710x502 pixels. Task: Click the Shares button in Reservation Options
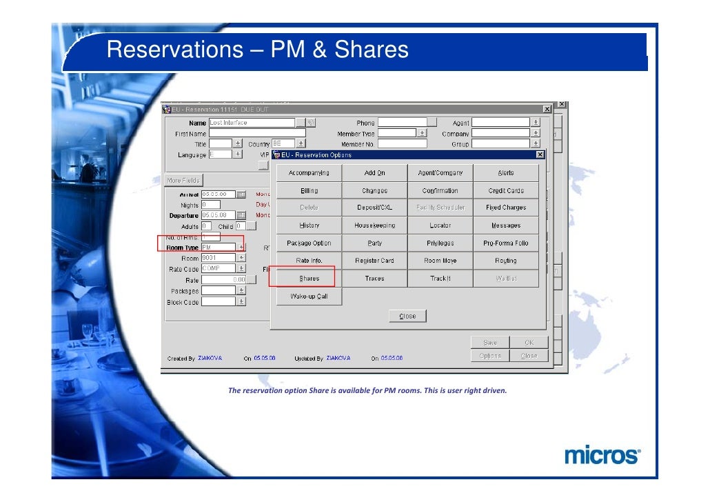pyautogui.click(x=309, y=279)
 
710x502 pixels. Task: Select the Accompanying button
pyautogui.click(x=309, y=172)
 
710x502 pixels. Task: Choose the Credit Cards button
pyautogui.click(x=505, y=190)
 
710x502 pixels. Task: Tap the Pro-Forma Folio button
pyautogui.click(x=505, y=243)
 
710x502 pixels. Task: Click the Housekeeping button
pyautogui.click(x=374, y=225)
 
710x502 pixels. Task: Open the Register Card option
pyautogui.click(x=374, y=261)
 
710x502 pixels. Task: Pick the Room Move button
pyautogui.click(x=440, y=261)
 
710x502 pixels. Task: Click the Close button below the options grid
pyautogui.click(x=407, y=316)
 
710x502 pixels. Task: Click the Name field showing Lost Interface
pyautogui.click(x=251, y=123)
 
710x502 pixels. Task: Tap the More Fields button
pyautogui.click(x=183, y=181)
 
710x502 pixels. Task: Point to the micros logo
pyautogui.click(x=602, y=455)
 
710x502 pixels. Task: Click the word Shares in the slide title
pyautogui.click(x=372, y=50)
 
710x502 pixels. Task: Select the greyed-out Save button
pyautogui.click(x=489, y=342)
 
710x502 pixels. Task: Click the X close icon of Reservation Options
pyautogui.click(x=539, y=154)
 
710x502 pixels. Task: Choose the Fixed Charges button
pyautogui.click(x=505, y=208)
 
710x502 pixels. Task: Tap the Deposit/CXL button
pyautogui.click(x=374, y=208)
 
